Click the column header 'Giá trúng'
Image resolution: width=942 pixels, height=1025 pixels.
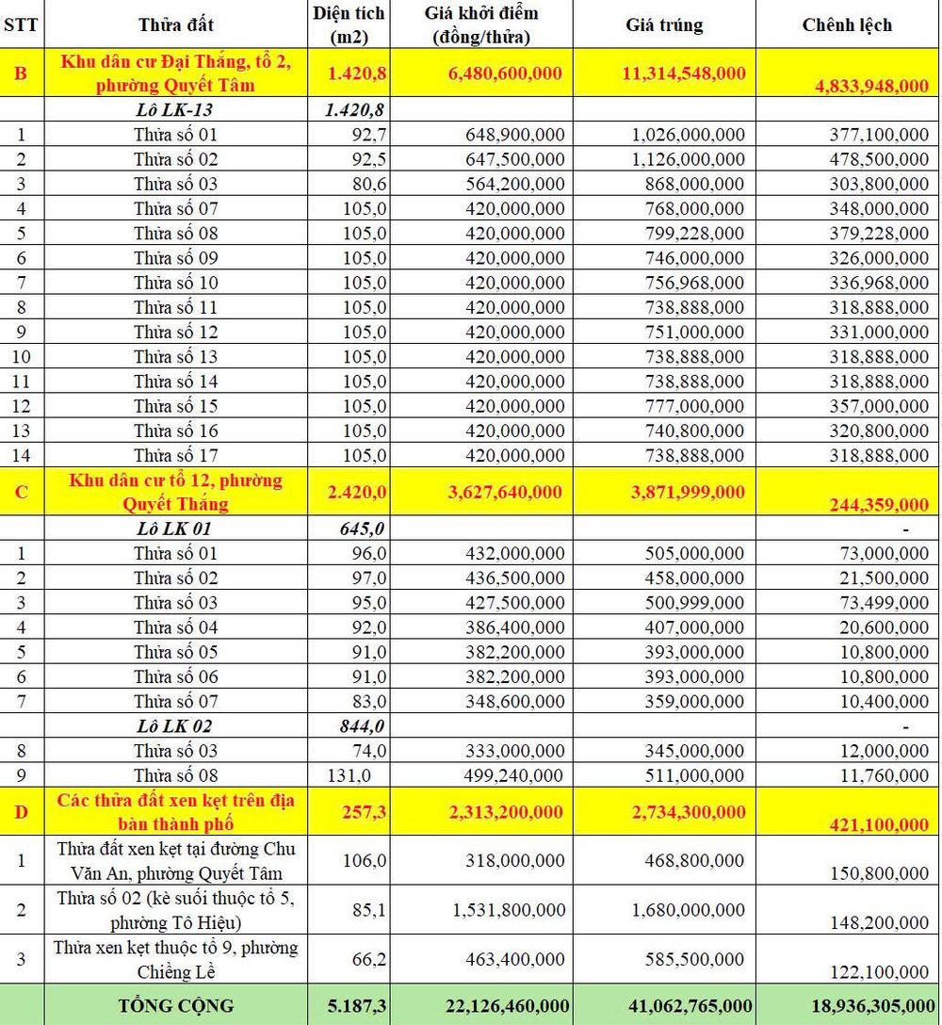coord(664,24)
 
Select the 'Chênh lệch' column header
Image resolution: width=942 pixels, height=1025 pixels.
coord(847,24)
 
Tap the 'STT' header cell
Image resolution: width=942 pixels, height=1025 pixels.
coord(21,24)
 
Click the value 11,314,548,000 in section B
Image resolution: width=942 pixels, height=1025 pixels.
coord(683,73)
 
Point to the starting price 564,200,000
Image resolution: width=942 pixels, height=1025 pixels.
coord(514,183)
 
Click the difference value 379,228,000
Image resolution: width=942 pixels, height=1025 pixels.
coord(872,233)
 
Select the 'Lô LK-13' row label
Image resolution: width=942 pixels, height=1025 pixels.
coord(175,109)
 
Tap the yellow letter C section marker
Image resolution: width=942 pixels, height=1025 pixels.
coord(21,492)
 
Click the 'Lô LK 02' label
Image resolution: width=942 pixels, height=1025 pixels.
coord(175,725)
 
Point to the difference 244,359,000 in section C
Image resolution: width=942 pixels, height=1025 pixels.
coord(878,505)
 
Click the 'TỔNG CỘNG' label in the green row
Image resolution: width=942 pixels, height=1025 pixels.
coord(175,1005)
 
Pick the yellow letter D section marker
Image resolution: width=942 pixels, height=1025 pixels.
coord(21,812)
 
